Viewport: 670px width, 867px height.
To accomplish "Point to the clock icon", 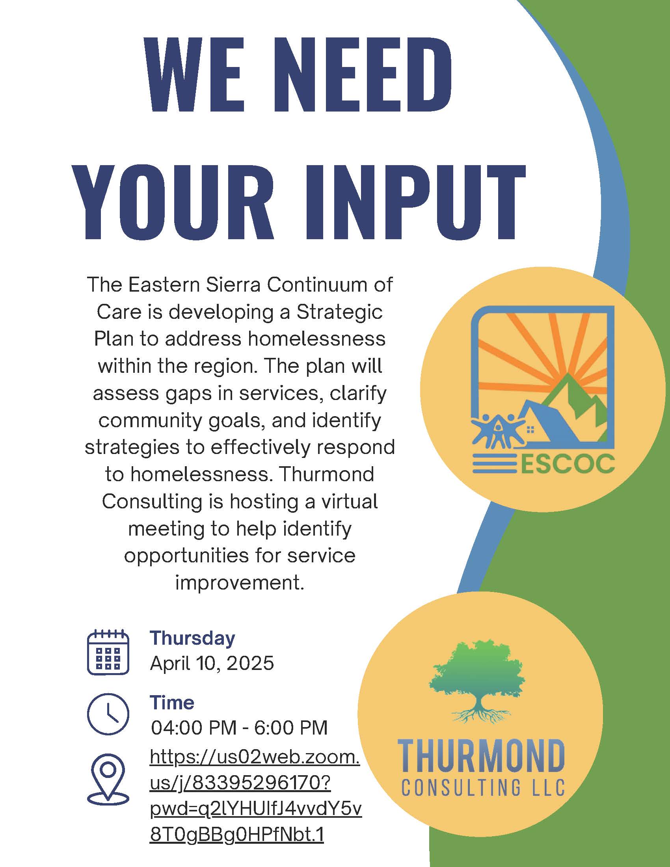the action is (108, 714).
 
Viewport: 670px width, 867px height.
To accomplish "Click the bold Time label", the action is (172, 703).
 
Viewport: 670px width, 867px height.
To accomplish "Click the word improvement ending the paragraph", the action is (240, 582).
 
